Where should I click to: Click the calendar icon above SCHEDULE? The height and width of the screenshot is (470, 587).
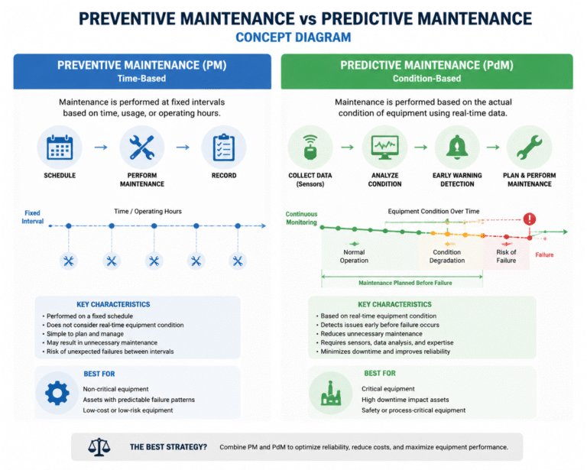pyautogui.click(x=60, y=147)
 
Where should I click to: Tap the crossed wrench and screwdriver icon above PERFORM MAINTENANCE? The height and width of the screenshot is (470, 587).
pyautogui.click(x=142, y=147)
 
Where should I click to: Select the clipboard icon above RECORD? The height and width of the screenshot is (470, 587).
pyautogui.click(x=224, y=147)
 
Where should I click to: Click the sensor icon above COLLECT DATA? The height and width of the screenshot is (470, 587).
pyautogui.click(x=310, y=147)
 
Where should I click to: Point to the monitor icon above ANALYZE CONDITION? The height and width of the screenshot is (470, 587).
pyautogui.click(x=385, y=147)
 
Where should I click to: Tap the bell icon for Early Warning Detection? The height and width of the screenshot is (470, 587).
pyautogui.click(x=457, y=147)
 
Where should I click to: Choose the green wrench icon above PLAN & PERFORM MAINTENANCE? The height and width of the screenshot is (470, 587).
pyautogui.click(x=530, y=147)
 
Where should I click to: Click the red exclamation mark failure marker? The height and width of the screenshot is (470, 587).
pyautogui.click(x=530, y=219)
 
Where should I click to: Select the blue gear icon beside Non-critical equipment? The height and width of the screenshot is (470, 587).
pyautogui.click(x=57, y=393)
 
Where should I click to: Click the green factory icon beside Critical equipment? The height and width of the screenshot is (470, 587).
pyautogui.click(x=331, y=393)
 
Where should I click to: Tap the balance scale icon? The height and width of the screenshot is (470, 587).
pyautogui.click(x=99, y=447)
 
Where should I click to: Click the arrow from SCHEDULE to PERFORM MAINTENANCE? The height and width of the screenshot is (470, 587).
pyautogui.click(x=101, y=147)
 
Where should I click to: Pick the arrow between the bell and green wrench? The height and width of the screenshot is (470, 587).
pyautogui.click(x=493, y=147)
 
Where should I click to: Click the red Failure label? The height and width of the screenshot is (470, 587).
pyautogui.click(x=544, y=254)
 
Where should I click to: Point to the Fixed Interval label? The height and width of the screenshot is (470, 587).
pyautogui.click(x=33, y=217)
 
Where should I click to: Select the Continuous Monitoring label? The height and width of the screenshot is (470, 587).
pyautogui.click(x=301, y=218)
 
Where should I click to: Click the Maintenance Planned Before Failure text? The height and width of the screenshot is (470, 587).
pyautogui.click(x=405, y=283)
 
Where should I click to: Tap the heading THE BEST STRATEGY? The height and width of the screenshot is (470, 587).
pyautogui.click(x=168, y=447)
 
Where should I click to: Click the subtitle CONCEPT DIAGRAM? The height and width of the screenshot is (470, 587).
pyautogui.click(x=293, y=37)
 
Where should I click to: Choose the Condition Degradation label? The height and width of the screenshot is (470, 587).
pyautogui.click(x=447, y=256)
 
